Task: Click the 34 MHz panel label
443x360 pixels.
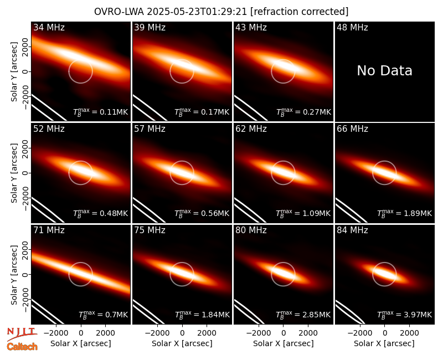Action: click(49, 27)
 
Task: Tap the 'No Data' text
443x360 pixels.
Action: click(384, 70)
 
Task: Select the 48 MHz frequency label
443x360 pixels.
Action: click(352, 27)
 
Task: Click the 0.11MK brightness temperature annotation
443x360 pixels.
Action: click(101, 112)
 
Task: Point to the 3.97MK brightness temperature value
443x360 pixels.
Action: click(405, 315)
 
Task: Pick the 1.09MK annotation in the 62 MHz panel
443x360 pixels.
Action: click(303, 213)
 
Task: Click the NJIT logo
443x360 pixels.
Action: click(22, 333)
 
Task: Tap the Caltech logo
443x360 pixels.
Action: click(22, 347)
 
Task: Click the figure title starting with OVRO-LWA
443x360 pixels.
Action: click(221, 12)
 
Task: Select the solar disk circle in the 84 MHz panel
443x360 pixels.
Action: click(373, 274)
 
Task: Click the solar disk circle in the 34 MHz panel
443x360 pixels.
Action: click(69, 71)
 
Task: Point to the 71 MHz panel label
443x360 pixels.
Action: click(49, 230)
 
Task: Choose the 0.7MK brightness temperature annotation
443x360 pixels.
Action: click(104, 315)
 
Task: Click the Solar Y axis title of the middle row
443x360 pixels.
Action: click(14, 173)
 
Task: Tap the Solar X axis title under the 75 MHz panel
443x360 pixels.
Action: click(182, 343)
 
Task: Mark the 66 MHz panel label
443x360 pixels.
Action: click(352, 129)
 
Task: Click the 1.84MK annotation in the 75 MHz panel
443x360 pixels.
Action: click(202, 315)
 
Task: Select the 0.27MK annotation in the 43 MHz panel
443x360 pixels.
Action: click(303, 112)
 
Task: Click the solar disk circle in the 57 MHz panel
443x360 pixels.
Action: click(170, 173)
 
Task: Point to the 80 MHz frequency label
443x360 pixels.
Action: click(251, 230)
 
